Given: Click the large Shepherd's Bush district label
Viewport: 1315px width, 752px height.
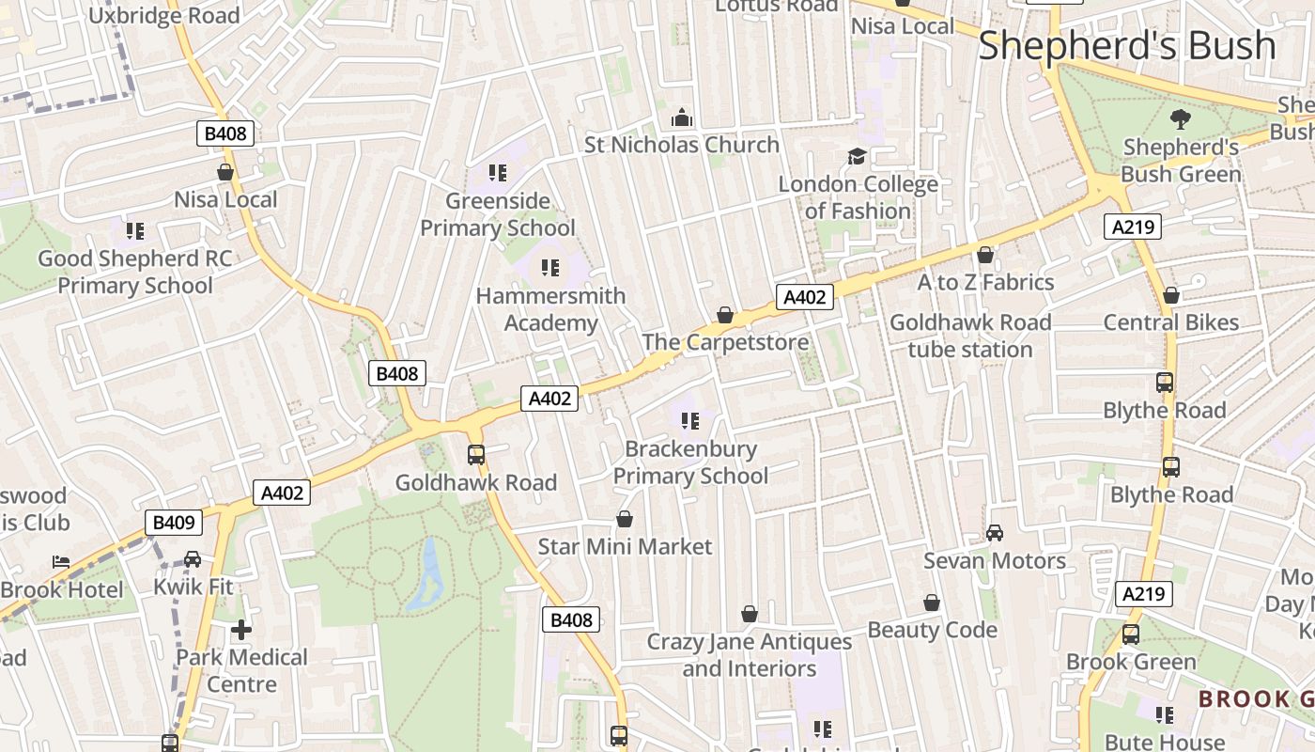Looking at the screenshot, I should tap(1127, 45).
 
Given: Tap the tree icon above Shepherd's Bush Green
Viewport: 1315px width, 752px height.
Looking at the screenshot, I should tap(1180, 119).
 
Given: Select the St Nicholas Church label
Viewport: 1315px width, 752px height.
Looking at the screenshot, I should tap(682, 145).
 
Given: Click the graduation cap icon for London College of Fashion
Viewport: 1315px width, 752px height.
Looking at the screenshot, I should tap(857, 156).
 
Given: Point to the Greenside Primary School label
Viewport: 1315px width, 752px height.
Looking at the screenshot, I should tap(497, 214).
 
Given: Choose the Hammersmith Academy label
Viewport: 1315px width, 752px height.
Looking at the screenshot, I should tap(550, 309).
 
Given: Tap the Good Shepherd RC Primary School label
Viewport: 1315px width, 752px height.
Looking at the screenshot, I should tap(135, 272).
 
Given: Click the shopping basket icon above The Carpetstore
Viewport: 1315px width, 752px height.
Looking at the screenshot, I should tap(725, 314).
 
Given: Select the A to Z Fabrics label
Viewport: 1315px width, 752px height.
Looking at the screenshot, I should tap(985, 282).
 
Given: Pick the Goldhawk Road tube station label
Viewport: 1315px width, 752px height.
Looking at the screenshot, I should tap(970, 336).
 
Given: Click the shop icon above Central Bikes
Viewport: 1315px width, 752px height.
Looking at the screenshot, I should tap(1171, 295).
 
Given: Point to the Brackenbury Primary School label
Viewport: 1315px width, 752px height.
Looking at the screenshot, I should tap(690, 462).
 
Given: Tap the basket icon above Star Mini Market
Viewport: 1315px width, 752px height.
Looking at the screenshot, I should tap(625, 519).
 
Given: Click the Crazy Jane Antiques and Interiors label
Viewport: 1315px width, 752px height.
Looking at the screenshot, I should tap(749, 655).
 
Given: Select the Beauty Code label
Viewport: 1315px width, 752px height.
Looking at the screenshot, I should tap(932, 630).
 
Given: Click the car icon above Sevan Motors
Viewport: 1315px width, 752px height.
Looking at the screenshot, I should tap(995, 533).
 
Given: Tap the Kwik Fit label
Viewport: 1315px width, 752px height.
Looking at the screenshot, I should tap(193, 587).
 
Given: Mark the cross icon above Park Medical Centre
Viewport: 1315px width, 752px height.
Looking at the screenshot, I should tap(241, 629).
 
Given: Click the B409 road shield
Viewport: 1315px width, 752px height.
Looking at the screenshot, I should tap(173, 523).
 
